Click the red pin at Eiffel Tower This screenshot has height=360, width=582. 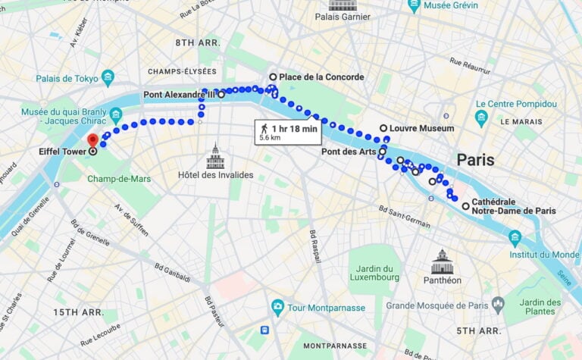click(x=93, y=140)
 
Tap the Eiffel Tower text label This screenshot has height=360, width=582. click(x=62, y=152)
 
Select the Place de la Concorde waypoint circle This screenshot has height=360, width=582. click(x=274, y=77)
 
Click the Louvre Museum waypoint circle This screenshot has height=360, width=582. click(x=383, y=128)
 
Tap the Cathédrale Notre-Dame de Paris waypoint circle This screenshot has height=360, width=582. click(x=465, y=205)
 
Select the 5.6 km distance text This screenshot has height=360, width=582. click(x=270, y=139)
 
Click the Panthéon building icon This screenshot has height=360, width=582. click(x=442, y=262)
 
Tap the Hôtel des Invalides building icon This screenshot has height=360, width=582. click(x=215, y=158)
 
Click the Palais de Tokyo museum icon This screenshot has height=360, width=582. click(x=108, y=77)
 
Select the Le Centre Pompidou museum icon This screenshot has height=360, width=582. click(x=481, y=118)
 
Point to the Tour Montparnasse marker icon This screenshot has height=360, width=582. click(x=277, y=308)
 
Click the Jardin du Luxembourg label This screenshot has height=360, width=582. click(x=376, y=272)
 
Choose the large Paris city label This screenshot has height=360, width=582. click(x=475, y=160)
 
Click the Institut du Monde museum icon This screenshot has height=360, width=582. click(x=515, y=239)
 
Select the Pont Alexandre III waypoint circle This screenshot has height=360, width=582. click(x=221, y=95)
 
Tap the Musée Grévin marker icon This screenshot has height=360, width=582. click(x=414, y=6)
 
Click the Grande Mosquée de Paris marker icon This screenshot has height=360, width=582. click(x=498, y=305)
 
